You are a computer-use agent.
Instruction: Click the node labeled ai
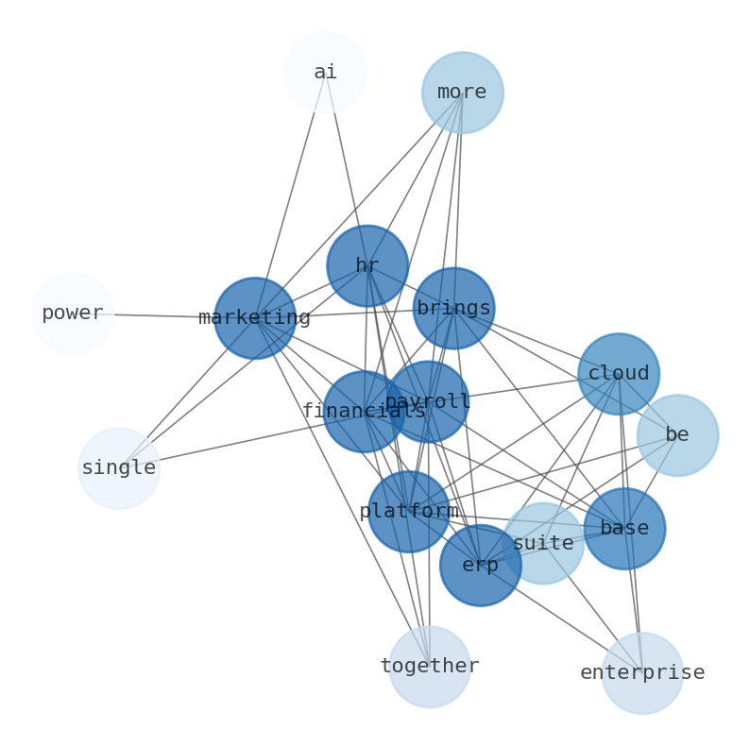325,73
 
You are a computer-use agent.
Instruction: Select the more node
462,93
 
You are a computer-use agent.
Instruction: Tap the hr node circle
367,265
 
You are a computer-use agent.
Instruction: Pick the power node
73,314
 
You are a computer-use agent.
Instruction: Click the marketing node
254,318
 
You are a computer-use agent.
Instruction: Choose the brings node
453,308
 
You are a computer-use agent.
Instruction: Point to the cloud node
619,374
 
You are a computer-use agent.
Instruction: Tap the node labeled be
677,435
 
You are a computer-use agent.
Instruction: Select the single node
119,468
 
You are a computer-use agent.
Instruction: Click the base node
624,529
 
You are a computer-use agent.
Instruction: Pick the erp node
480,566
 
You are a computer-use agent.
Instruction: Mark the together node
430,667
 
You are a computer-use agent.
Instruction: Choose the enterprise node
642,673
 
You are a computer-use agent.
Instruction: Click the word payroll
428,402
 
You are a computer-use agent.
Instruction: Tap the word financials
364,412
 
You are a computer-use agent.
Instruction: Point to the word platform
408,512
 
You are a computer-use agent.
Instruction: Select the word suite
543,544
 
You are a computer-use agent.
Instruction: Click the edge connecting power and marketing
161,315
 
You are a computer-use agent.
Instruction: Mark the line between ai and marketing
290,194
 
